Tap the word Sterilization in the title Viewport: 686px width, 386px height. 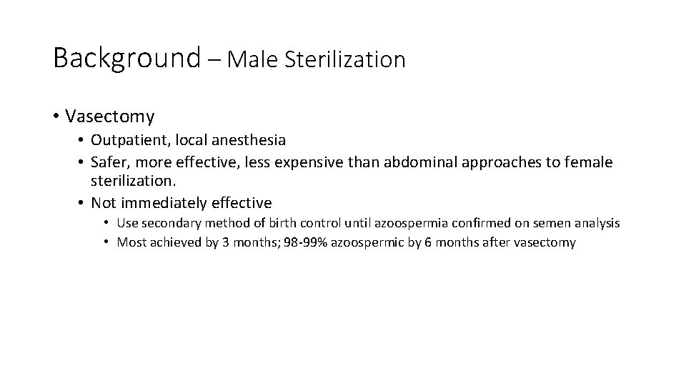344,59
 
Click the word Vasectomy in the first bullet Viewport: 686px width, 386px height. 109,116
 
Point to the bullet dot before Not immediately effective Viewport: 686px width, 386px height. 81,203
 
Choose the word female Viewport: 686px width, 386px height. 589,162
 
